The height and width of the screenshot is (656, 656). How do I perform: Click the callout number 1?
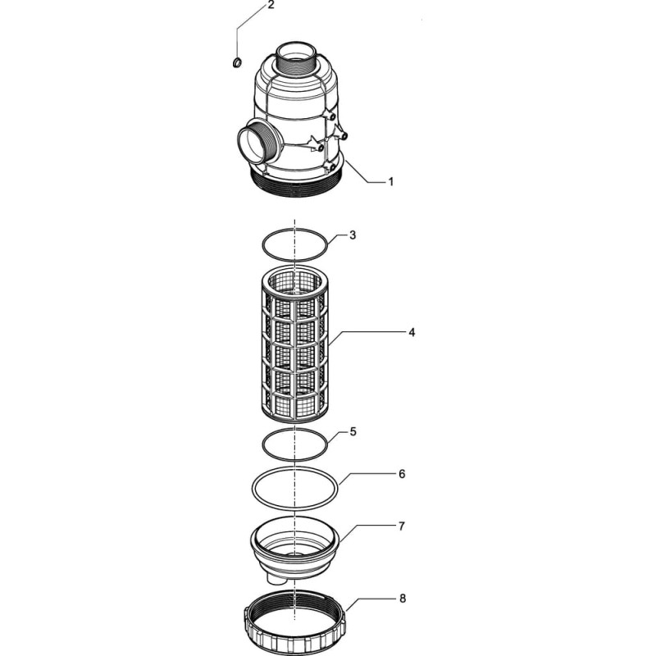click(x=391, y=182)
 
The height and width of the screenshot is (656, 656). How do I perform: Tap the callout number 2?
click(x=271, y=6)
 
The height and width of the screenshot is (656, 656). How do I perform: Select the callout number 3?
click(x=353, y=235)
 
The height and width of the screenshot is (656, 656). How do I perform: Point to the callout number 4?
click(x=412, y=332)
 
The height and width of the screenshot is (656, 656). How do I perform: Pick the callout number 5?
click(x=353, y=431)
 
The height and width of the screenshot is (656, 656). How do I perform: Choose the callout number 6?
click(x=402, y=474)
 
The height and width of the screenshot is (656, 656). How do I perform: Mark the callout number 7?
click(x=402, y=526)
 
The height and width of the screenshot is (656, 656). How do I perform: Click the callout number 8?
click(x=403, y=599)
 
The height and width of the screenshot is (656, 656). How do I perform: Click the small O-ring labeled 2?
click(x=237, y=63)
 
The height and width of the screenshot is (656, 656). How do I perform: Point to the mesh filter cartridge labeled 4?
click(x=295, y=344)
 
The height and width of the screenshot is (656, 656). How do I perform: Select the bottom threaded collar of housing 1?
click(x=299, y=183)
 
